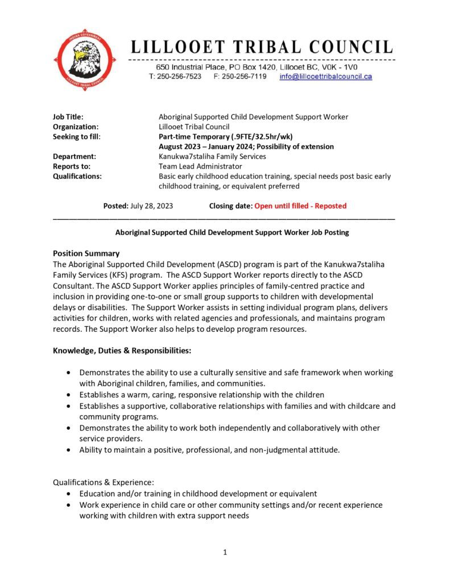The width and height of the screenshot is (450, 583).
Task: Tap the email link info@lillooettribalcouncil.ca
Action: [325, 76]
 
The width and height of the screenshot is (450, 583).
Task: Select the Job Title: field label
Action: [68, 117]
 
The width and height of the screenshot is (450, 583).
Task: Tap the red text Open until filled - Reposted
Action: [300, 206]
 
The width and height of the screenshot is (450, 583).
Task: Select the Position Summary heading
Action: [86, 253]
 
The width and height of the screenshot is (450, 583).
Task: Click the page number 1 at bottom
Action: [225, 552]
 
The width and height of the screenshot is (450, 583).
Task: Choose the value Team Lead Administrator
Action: [200, 166]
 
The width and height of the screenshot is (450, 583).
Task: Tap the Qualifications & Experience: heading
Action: [104, 482]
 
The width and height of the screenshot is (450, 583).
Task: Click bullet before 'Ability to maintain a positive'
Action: [69, 450]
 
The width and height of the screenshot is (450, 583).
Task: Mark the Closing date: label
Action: [230, 206]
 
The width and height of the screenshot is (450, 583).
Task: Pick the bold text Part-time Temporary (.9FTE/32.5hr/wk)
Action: [221, 137]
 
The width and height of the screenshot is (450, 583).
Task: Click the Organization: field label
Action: [76, 127]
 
